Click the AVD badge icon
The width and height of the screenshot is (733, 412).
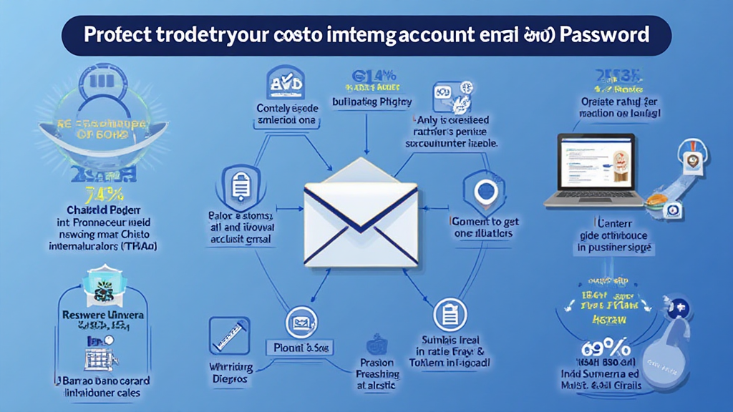point(284,83)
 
